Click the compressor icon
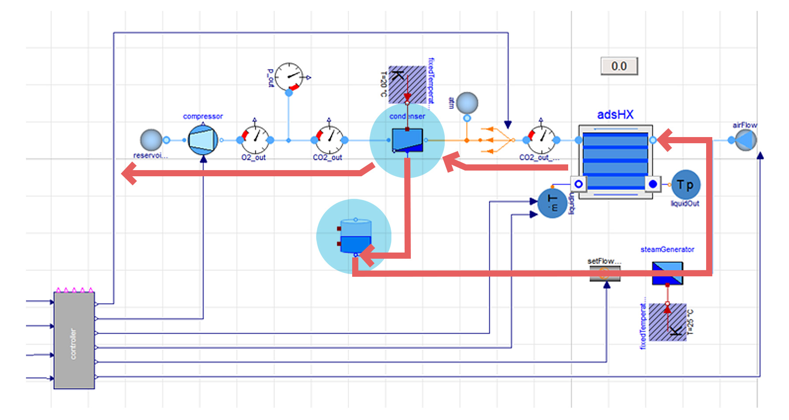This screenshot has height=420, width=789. click(x=203, y=140)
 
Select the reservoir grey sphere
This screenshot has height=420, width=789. click(x=151, y=140)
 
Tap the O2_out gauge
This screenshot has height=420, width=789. click(x=255, y=140)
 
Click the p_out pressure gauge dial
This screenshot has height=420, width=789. click(x=289, y=77)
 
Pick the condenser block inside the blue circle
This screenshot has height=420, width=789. click(x=407, y=140)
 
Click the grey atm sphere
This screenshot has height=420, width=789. click(x=467, y=103)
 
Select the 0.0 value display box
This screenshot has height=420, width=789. click(x=619, y=66)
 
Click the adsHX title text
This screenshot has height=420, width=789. click(x=615, y=115)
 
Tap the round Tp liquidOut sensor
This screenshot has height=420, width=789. click(x=685, y=185)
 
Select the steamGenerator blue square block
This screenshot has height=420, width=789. click(x=667, y=273)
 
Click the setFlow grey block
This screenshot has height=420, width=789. click(x=605, y=273)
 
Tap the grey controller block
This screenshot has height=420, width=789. click(x=74, y=340)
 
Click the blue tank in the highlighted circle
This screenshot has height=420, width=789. click(x=355, y=237)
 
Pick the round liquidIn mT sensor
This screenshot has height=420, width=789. click(x=552, y=203)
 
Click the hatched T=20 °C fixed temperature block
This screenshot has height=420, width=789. click(x=407, y=84)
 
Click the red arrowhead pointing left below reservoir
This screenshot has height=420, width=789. click(x=129, y=173)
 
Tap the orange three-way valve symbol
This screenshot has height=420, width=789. click(x=497, y=140)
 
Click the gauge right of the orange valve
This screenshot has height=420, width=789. click(x=542, y=140)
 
